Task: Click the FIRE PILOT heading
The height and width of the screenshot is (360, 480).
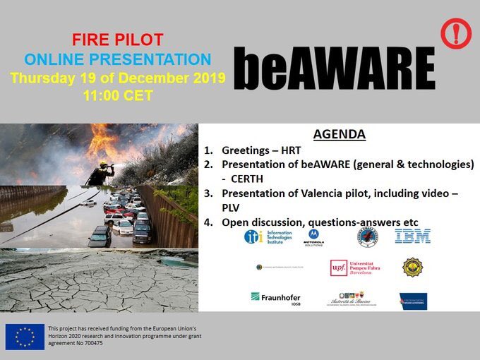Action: (116, 38)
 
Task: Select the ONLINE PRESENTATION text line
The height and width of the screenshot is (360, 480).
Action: (116, 58)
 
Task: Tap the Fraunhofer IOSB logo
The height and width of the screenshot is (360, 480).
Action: (275, 299)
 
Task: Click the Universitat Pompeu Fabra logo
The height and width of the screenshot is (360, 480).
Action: (356, 268)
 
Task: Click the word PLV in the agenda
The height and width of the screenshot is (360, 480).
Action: (232, 208)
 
